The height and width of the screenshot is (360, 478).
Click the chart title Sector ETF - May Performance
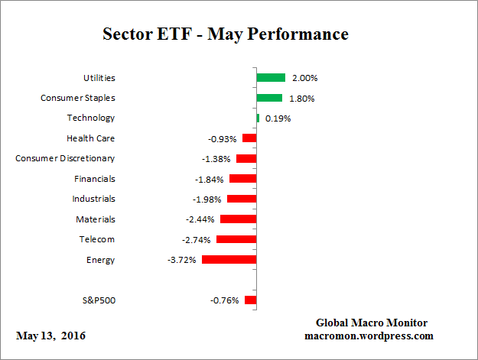[226, 34]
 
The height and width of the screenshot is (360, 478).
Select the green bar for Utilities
[271, 77]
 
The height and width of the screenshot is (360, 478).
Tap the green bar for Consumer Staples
[269, 98]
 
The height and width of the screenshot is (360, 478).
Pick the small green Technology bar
[259, 118]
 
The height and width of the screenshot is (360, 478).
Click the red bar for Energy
[229, 260]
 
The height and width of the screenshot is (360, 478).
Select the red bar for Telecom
[236, 239]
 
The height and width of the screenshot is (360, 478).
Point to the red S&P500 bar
[251, 300]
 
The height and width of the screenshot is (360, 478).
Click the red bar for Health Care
[249, 138]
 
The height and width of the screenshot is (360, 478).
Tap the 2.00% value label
[304, 78]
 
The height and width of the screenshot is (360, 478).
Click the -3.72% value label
[182, 260]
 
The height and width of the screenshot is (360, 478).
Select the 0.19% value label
[278, 118]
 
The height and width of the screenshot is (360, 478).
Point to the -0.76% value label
[224, 300]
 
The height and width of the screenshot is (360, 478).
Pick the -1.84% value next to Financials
[209, 180]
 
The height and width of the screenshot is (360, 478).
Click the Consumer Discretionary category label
[66, 158]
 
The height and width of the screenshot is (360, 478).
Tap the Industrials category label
[93, 199]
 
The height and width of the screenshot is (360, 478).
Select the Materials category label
[96, 219]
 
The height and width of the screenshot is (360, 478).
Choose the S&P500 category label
[98, 300]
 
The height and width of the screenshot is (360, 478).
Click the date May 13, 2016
[50, 336]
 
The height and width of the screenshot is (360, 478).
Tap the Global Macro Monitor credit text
[371, 323]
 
